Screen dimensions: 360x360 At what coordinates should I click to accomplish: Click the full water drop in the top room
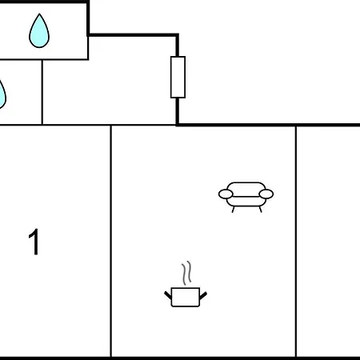point(39,31)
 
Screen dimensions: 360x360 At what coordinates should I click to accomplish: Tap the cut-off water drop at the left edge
point(2,94)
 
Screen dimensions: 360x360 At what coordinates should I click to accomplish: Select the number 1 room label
point(34,242)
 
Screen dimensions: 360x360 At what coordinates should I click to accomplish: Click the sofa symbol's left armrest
point(226,194)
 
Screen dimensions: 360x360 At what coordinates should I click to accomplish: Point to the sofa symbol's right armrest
point(266,194)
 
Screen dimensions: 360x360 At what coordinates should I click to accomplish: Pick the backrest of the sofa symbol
point(246,186)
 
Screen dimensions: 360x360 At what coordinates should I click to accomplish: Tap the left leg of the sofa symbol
point(233,210)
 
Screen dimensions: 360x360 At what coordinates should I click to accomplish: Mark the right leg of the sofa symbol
point(260,210)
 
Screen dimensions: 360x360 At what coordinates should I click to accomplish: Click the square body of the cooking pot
point(186,297)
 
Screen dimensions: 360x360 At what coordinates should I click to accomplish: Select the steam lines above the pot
point(186,273)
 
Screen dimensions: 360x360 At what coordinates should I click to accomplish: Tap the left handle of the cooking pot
point(168,295)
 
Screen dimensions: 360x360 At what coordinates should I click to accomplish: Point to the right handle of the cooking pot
point(203,295)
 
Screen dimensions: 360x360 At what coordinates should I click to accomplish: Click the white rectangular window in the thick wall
point(178,77)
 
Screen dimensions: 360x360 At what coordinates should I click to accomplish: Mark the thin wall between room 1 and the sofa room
point(111,241)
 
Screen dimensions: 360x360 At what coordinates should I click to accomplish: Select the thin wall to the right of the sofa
point(296,242)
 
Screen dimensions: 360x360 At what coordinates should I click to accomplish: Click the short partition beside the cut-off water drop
point(42,92)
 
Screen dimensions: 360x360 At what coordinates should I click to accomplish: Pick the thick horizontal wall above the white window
point(133,35)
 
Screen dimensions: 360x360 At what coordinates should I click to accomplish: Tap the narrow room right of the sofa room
point(329,242)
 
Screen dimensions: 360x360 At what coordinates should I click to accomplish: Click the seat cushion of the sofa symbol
point(246,202)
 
